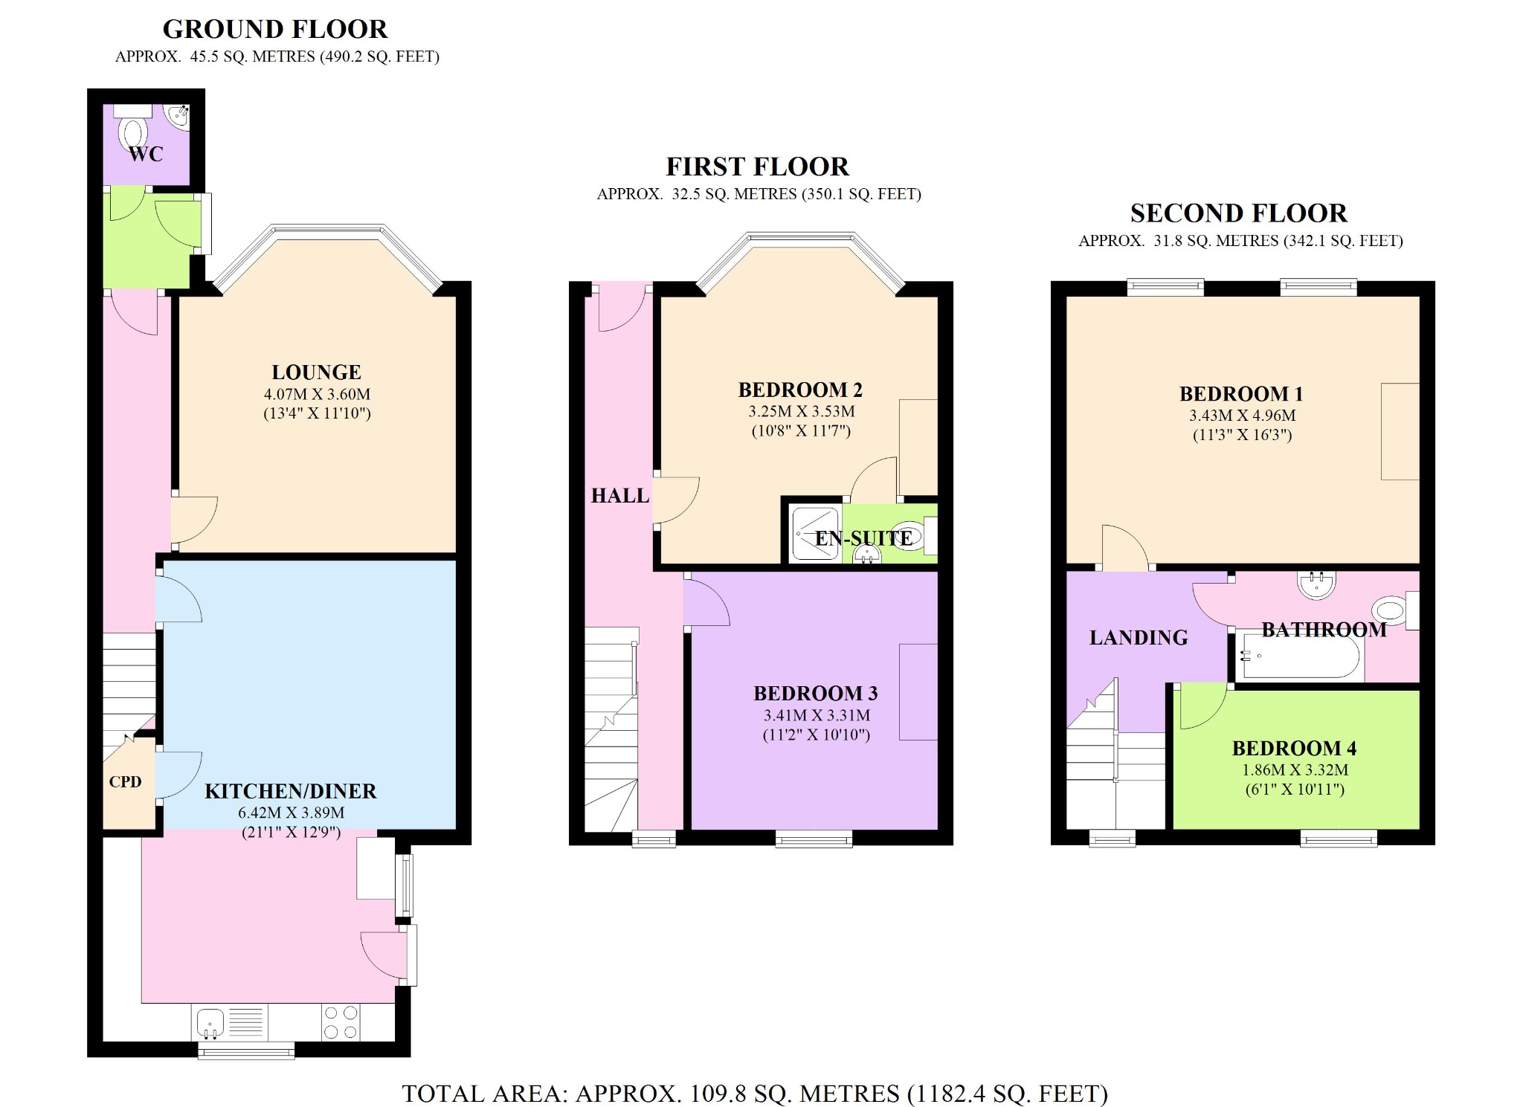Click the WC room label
point(146,154)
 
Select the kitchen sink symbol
point(210,1022)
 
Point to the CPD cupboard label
point(125,781)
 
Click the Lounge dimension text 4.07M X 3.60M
point(317,394)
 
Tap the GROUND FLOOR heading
point(275,29)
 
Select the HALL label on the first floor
point(619,495)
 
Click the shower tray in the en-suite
point(814,532)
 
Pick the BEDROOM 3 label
point(816,693)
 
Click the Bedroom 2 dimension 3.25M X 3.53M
point(801,411)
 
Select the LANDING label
point(1139,637)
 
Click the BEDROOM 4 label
point(1294,748)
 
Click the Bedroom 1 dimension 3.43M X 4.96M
point(1242,416)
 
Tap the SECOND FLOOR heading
point(1238,213)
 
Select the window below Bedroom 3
point(814,839)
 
